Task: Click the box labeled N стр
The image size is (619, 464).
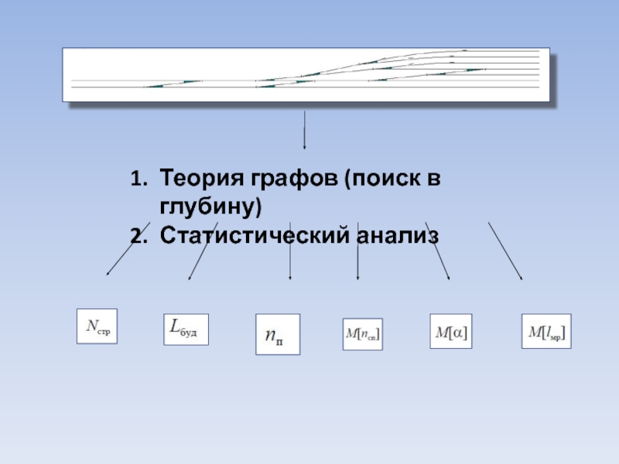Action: click(97, 326)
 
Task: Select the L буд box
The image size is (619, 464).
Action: click(186, 329)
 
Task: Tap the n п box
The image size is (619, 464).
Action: click(277, 333)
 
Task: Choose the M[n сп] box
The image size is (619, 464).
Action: click(363, 334)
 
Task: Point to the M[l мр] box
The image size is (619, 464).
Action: click(545, 331)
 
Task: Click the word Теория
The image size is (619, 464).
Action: click(202, 181)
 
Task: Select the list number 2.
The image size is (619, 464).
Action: click(136, 235)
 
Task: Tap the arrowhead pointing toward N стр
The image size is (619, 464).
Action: click(108, 273)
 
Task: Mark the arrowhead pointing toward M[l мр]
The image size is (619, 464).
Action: click(521, 278)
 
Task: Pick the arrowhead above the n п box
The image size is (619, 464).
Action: click(290, 278)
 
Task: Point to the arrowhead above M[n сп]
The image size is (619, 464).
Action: click(357, 278)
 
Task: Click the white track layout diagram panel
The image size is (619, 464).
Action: click(306, 74)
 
